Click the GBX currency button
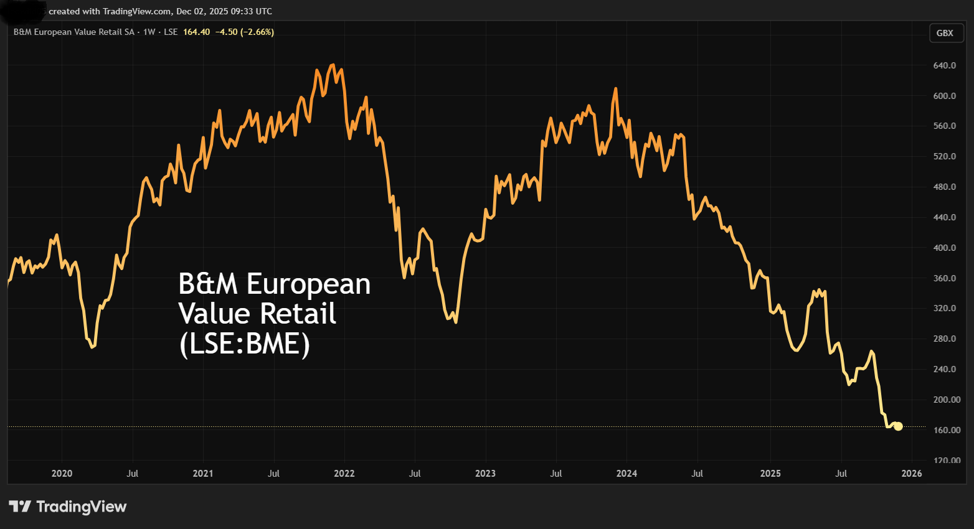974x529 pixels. (x=945, y=33)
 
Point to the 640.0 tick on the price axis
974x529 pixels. (x=944, y=65)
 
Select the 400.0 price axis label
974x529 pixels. (x=944, y=248)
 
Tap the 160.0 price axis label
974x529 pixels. (x=944, y=430)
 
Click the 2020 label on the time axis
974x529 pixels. (x=62, y=474)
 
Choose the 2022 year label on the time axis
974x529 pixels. (x=344, y=474)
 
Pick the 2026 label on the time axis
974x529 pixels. (x=912, y=474)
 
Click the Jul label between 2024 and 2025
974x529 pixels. (x=697, y=474)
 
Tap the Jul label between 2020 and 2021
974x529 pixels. (x=132, y=474)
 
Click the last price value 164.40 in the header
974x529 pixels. (x=196, y=32)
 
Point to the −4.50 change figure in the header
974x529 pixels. (x=227, y=32)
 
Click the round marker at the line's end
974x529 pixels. (x=898, y=426)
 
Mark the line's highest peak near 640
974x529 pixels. (x=333, y=65)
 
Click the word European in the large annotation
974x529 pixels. (x=308, y=284)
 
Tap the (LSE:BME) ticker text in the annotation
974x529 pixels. (x=244, y=344)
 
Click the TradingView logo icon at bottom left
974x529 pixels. (x=20, y=507)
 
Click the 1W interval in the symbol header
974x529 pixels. (x=149, y=32)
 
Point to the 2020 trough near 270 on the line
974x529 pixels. (x=92, y=347)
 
